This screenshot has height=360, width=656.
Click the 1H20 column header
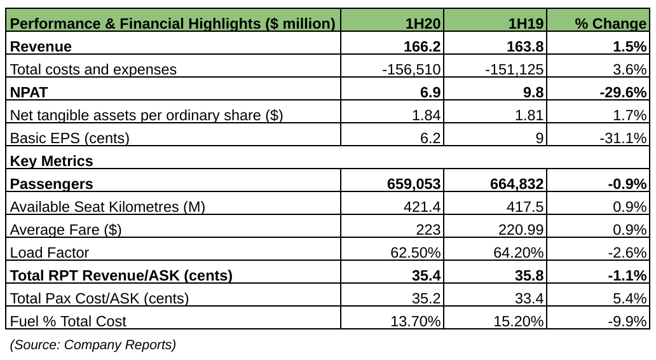pyautogui.click(x=423, y=24)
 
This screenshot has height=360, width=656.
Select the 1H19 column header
pyautogui.click(x=526, y=24)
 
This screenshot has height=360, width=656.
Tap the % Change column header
pyautogui.click(x=610, y=24)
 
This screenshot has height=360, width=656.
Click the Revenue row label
pyautogui.click(x=41, y=46)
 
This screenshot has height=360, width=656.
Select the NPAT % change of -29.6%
pyautogui.click(x=623, y=92)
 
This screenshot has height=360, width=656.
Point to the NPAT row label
pyautogui.click(x=30, y=92)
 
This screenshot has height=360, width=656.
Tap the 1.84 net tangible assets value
pyautogui.click(x=427, y=115)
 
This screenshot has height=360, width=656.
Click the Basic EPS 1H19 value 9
pyautogui.click(x=539, y=138)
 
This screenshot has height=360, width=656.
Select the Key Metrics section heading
pyautogui.click(x=51, y=161)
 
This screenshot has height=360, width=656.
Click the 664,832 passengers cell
pyautogui.click(x=517, y=184)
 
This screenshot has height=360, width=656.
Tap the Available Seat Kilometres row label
pyautogui.click(x=108, y=207)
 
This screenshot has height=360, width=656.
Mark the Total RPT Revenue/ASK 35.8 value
pyautogui.click(x=530, y=275)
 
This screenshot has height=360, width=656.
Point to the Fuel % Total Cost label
pyautogui.click(x=68, y=321)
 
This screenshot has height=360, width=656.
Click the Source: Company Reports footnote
pyautogui.click(x=93, y=345)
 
